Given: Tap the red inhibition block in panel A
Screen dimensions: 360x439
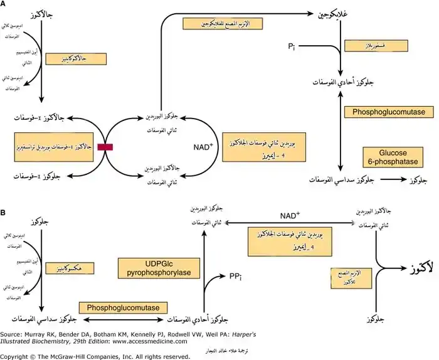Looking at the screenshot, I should point(105,146).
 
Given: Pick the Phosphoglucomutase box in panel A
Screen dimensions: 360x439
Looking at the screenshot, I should point(389,112).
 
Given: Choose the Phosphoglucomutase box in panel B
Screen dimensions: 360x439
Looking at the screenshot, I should point(127,308).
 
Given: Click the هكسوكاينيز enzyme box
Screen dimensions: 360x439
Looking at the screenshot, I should point(66,268).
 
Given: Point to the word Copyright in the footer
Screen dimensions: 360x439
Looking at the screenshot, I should point(20,356).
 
